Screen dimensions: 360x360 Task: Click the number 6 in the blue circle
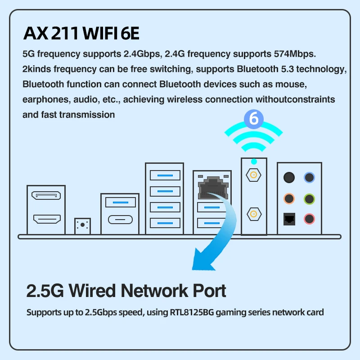click(x=254, y=119)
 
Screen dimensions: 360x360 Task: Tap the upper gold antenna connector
click(x=253, y=175)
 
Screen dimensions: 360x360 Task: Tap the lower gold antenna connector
click(x=254, y=214)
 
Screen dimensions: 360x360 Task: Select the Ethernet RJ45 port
click(x=213, y=187)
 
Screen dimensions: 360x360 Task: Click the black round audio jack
click(x=289, y=177)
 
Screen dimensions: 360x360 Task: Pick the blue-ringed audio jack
click(x=309, y=177)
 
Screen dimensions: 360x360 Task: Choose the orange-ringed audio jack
click(x=289, y=198)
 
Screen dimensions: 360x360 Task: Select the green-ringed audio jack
click(x=309, y=198)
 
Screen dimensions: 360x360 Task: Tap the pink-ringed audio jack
click(x=309, y=219)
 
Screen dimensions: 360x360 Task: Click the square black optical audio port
click(x=289, y=219)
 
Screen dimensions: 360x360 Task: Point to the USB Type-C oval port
click(x=120, y=220)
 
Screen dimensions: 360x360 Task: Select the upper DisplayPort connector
click(x=46, y=195)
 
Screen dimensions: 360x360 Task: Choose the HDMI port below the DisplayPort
click(x=47, y=219)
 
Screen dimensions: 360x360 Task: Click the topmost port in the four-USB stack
click(x=165, y=175)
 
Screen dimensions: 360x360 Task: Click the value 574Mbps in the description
click(x=295, y=54)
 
